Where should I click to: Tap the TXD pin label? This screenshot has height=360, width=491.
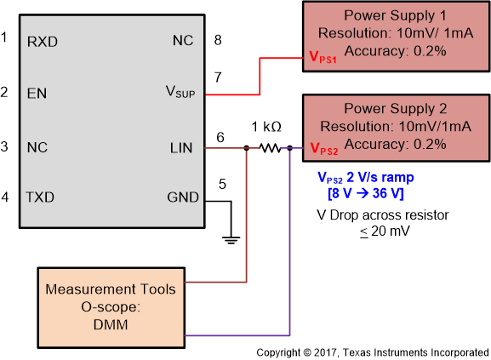coord(39,197)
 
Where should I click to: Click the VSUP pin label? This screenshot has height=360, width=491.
coord(180,91)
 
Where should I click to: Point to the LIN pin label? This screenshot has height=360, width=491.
coord(182,148)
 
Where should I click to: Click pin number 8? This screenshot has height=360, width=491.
coord(218,39)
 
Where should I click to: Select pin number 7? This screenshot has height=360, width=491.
coord(218,77)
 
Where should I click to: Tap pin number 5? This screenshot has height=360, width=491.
coord(223,183)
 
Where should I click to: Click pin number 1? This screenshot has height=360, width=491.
coord(5,38)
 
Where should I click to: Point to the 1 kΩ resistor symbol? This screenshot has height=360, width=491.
coord(270,148)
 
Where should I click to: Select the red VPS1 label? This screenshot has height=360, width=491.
coord(323,60)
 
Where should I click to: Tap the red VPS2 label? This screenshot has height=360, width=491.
coord(323,149)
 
